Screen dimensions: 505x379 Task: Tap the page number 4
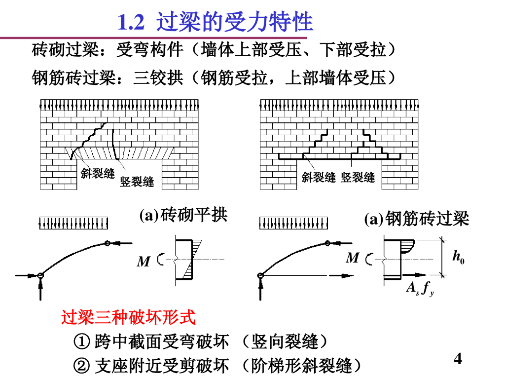click(x=458, y=359)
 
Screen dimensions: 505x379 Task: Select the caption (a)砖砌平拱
click(x=183, y=216)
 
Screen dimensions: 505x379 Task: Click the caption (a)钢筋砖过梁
click(x=417, y=218)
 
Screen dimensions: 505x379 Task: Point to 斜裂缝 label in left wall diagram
click(x=98, y=173)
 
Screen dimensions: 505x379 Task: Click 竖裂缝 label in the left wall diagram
click(x=137, y=182)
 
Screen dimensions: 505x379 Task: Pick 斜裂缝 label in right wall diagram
click(x=319, y=178)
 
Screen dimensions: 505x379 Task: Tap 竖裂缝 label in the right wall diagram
click(x=358, y=178)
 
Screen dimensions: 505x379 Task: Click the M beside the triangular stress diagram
click(x=143, y=262)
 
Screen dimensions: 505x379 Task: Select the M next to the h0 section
click(x=352, y=258)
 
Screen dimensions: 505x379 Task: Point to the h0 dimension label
click(x=458, y=257)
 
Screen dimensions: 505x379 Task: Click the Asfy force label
click(x=420, y=289)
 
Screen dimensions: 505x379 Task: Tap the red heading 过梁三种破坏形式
click(x=128, y=317)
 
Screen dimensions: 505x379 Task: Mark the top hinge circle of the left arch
click(x=108, y=243)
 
